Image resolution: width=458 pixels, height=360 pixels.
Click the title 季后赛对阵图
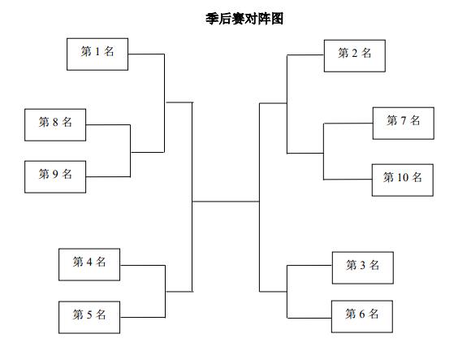tap(244, 19)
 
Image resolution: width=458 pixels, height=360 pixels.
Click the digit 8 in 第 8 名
tap(55, 122)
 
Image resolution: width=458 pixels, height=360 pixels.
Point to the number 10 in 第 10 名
tap(403, 177)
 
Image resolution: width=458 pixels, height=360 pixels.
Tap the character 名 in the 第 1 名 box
tap(109, 52)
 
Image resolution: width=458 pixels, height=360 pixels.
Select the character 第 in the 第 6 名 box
tap(351, 314)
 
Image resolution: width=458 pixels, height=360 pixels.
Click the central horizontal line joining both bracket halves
tap(226, 202)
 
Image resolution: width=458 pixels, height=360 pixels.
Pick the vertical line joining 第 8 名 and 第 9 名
tap(130, 151)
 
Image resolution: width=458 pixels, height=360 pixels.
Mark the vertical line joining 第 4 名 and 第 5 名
tap(166, 291)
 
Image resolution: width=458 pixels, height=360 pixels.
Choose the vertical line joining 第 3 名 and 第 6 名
tap(287, 292)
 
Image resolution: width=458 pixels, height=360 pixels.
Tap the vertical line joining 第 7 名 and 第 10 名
tap(324, 151)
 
